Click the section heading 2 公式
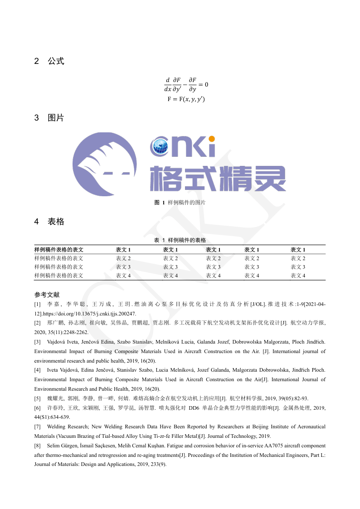(x=49, y=61)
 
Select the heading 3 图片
(x=49, y=118)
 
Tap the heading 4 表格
(x=49, y=222)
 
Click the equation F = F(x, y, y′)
(x=186, y=99)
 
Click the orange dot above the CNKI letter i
(x=211, y=139)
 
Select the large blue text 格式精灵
(x=218, y=178)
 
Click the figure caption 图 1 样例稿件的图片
(x=180, y=203)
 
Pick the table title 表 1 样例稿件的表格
(x=180, y=240)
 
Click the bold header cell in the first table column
(x=59, y=250)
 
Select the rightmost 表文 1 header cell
(x=298, y=250)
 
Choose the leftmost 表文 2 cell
(x=123, y=258)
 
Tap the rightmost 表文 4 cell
(x=298, y=276)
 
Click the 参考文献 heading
(x=47, y=295)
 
